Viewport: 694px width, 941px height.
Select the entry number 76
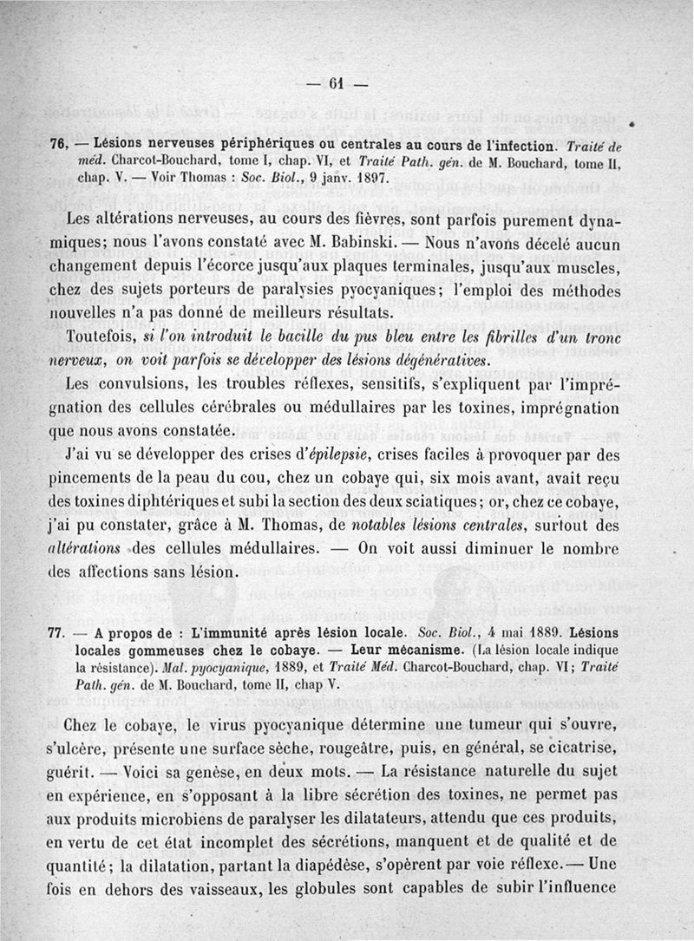(x=59, y=143)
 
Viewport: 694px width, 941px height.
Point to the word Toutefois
(x=105, y=336)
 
